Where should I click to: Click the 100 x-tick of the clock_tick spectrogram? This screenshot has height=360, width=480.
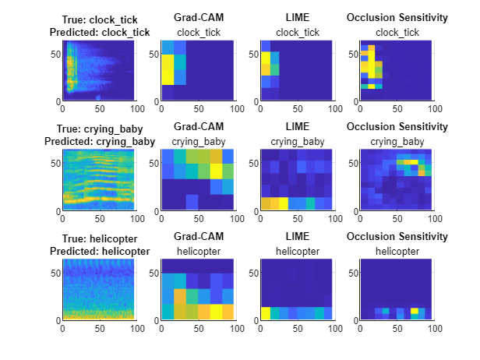click(136, 108)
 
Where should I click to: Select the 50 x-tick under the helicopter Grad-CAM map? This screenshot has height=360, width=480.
click(198, 327)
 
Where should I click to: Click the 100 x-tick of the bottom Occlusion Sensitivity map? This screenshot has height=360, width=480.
click(432, 327)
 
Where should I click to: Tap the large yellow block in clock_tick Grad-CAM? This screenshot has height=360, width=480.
click(168, 74)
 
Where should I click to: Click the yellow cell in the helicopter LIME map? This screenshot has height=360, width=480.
click(266, 313)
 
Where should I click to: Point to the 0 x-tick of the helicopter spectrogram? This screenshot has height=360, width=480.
click(63, 327)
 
